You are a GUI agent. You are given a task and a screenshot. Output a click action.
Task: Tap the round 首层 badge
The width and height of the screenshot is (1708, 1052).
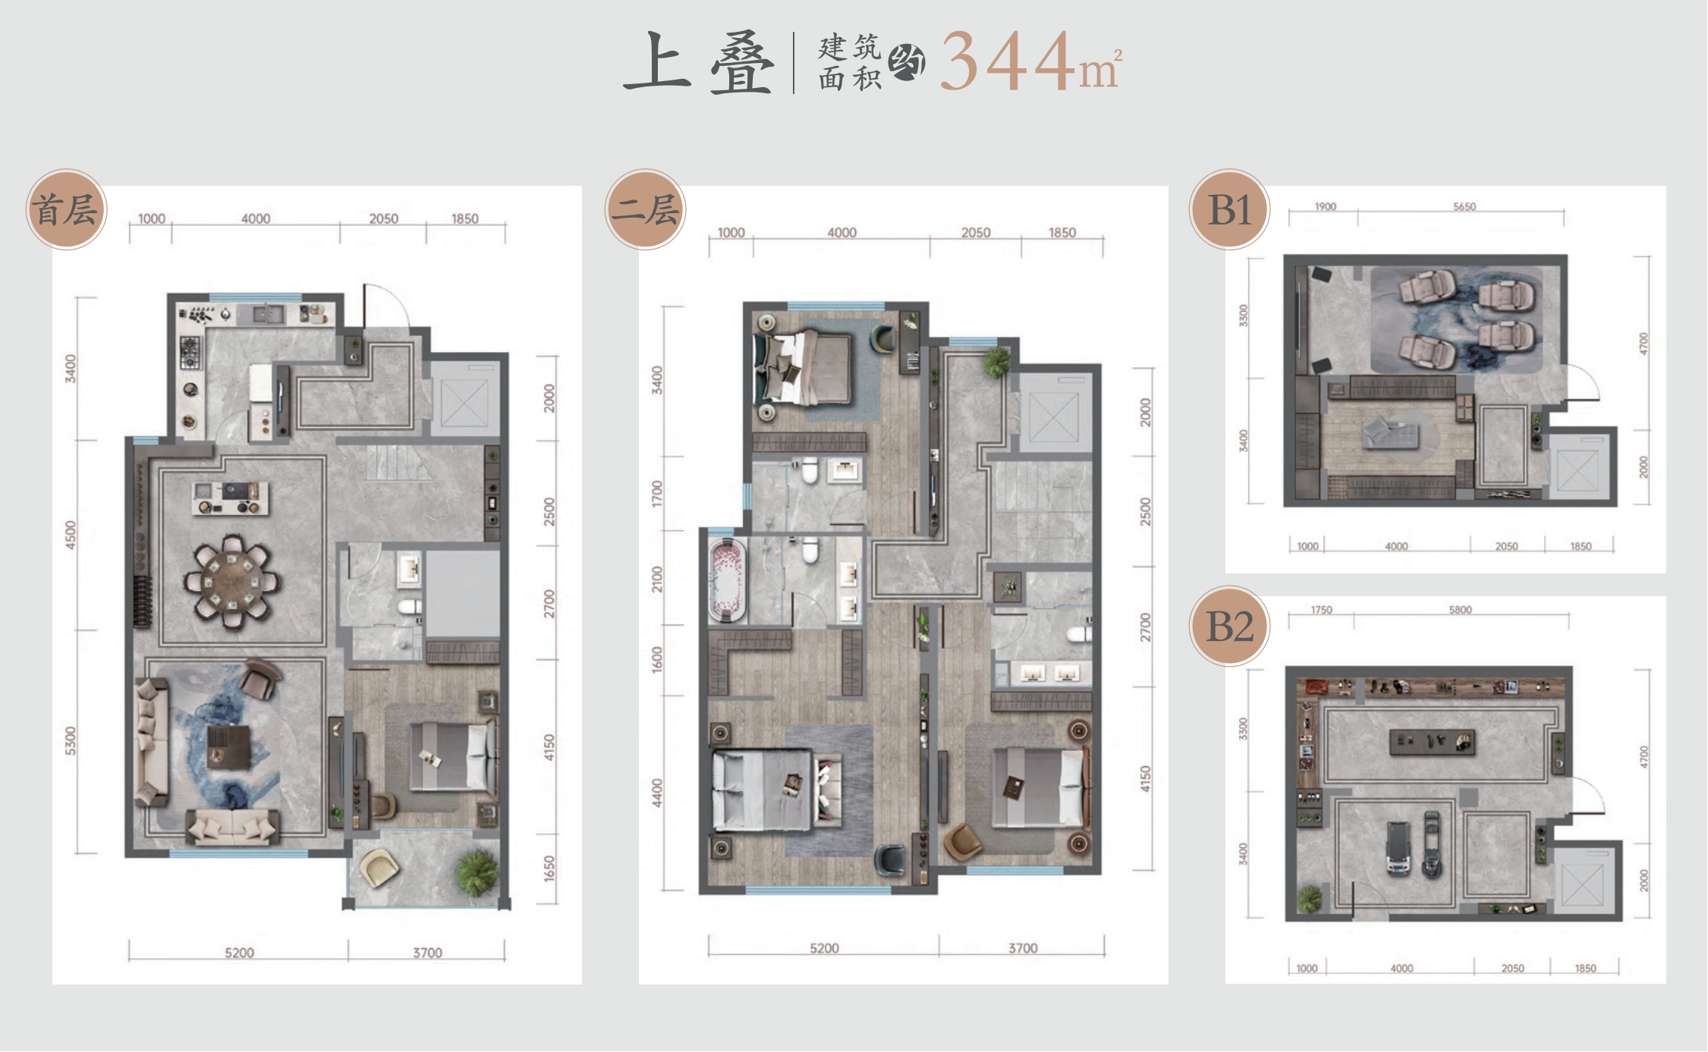(67, 209)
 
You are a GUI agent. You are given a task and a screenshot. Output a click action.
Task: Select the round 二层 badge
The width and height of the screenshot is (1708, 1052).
(646, 209)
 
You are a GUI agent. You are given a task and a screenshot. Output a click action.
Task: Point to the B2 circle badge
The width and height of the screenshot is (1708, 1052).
(1229, 626)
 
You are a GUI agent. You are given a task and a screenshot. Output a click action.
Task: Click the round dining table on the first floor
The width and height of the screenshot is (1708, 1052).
(231, 582)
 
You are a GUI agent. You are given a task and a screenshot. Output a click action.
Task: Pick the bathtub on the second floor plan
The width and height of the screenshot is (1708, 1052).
(727, 578)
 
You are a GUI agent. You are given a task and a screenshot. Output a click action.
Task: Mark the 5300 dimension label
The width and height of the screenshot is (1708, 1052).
(71, 741)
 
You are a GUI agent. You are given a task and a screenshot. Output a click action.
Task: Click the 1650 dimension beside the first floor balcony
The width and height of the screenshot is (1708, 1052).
(549, 868)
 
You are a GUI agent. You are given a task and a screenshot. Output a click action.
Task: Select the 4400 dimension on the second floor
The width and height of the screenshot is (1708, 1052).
(657, 793)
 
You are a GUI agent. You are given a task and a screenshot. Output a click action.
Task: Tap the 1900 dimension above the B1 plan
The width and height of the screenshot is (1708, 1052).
(1326, 206)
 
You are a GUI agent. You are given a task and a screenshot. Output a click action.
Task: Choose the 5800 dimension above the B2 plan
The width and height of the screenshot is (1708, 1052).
(1460, 610)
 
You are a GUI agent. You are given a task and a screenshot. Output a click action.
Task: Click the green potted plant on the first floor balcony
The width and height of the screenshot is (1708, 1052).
(477, 872)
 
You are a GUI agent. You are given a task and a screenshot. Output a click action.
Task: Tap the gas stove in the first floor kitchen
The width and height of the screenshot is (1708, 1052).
(190, 353)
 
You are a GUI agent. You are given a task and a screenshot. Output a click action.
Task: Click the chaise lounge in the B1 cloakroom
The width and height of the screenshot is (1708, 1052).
(1390, 435)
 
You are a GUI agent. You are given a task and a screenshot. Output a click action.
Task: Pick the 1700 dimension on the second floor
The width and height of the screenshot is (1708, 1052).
(657, 494)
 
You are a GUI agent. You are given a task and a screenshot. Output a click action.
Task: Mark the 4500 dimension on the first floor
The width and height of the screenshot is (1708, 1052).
(71, 535)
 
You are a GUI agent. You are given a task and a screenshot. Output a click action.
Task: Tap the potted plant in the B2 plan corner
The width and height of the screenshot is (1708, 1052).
(1310, 899)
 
